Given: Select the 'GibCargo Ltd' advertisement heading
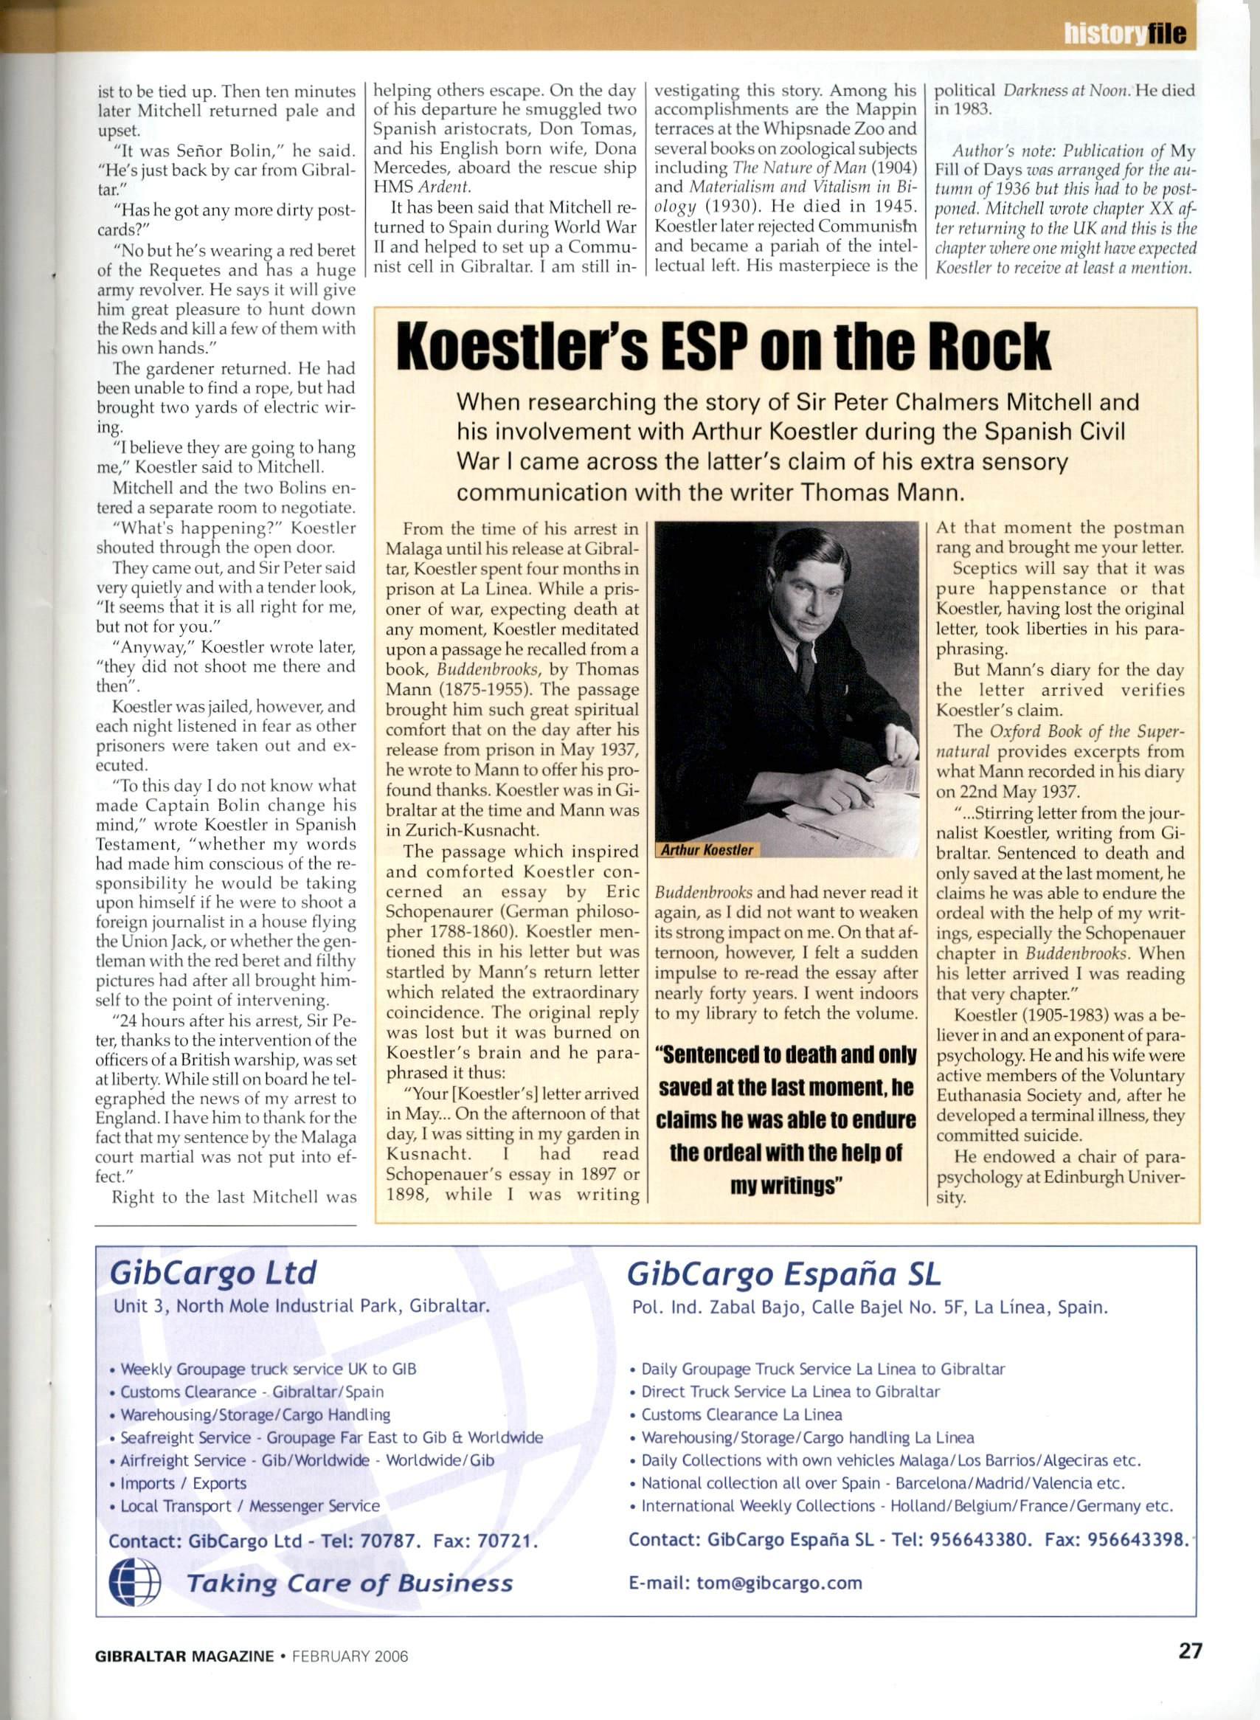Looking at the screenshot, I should coord(212,1273).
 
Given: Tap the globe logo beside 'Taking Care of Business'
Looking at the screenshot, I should coord(135,1582).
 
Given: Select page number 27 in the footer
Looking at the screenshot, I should coord(1189,1666).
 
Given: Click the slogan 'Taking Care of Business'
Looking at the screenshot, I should coord(350,1583).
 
